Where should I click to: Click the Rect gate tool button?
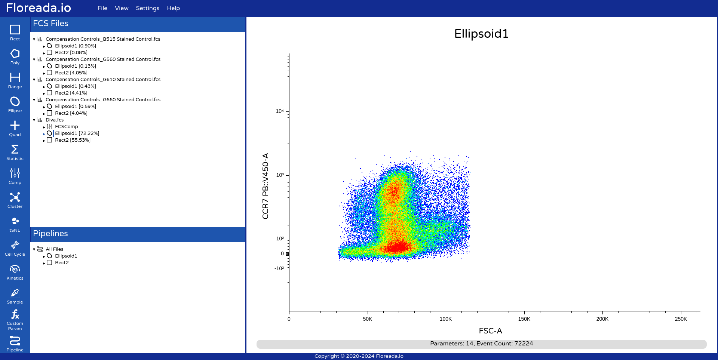(x=15, y=33)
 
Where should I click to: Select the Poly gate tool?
(x=15, y=56)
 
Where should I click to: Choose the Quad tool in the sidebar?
(x=15, y=128)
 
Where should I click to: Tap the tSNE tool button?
(x=15, y=224)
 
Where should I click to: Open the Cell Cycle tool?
(x=15, y=248)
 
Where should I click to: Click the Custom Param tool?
(x=15, y=320)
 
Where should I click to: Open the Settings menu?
(x=148, y=8)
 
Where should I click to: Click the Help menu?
(x=174, y=8)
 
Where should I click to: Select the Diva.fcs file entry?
(x=55, y=120)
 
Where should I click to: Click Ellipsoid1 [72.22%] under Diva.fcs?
(x=77, y=133)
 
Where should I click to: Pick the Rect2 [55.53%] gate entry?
(x=73, y=140)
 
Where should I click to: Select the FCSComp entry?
(x=67, y=127)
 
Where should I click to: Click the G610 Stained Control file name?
(x=103, y=80)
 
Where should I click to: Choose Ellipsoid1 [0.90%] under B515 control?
(x=76, y=46)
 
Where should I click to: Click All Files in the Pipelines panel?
(x=55, y=249)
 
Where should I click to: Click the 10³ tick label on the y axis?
(x=280, y=175)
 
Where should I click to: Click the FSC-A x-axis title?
(x=491, y=331)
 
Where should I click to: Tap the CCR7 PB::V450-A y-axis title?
(x=266, y=186)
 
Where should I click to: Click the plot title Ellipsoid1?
(x=481, y=34)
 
